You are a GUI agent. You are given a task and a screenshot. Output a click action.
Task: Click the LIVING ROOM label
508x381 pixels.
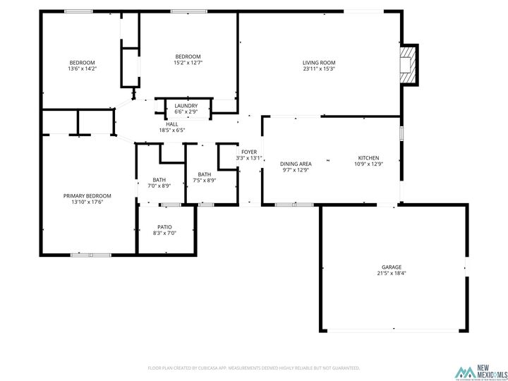pyautogui.click(x=319, y=62)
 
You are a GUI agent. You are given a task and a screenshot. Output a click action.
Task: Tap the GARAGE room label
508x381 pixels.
pyautogui.click(x=392, y=267)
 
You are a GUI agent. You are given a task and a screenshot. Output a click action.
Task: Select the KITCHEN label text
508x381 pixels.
pyautogui.click(x=368, y=157)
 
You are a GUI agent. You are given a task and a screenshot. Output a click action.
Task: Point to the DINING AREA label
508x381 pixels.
pyautogui.click(x=296, y=164)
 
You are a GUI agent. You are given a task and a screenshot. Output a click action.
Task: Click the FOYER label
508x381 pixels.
pyautogui.click(x=249, y=152)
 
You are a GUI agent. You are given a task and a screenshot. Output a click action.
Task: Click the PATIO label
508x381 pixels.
pyautogui.click(x=166, y=226)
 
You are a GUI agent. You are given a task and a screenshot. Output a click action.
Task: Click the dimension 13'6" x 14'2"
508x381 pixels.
pyautogui.click(x=82, y=68)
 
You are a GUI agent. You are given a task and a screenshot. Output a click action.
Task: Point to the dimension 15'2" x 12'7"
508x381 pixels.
pyautogui.click(x=188, y=63)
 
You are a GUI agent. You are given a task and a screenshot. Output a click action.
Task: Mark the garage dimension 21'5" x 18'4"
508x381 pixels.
pyautogui.click(x=392, y=273)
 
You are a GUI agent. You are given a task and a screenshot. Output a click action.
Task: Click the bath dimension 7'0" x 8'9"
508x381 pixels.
pyautogui.click(x=159, y=186)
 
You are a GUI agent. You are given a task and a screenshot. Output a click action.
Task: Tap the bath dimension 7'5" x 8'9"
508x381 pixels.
pyautogui.click(x=204, y=181)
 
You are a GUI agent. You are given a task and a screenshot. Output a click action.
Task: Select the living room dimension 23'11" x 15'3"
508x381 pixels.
pyautogui.click(x=319, y=68)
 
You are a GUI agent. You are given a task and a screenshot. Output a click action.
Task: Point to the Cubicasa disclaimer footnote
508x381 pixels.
pyautogui.click(x=254, y=368)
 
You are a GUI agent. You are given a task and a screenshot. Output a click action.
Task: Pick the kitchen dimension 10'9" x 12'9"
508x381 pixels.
pyautogui.click(x=368, y=164)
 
